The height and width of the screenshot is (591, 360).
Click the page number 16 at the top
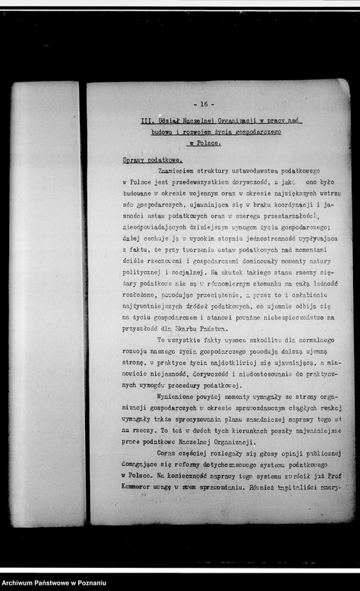click(x=203, y=104)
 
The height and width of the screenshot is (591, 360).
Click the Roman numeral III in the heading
click(x=146, y=121)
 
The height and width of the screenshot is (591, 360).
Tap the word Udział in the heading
click(x=169, y=121)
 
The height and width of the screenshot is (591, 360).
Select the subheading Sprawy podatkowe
click(x=147, y=160)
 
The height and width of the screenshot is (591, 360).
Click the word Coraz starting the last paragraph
click(x=167, y=454)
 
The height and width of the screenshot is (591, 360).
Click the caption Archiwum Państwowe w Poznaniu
click(x=53, y=583)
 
